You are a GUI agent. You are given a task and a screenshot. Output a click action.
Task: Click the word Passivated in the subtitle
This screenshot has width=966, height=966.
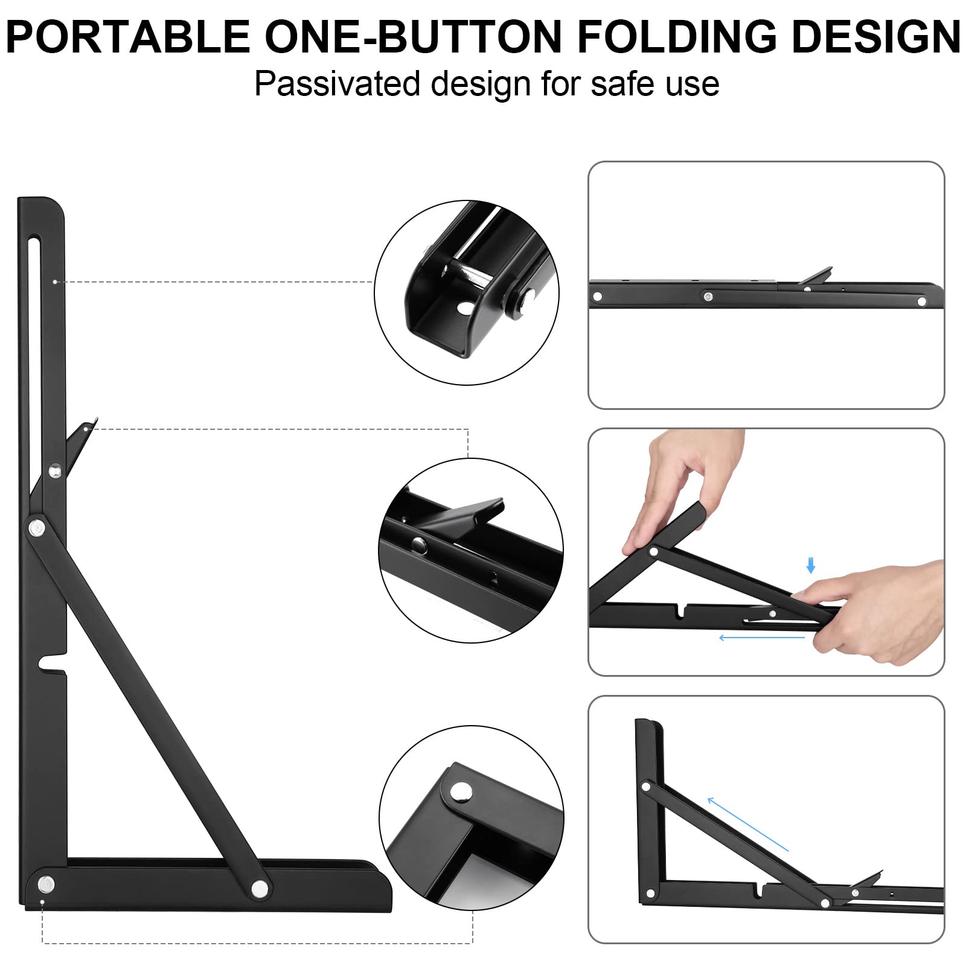click(337, 83)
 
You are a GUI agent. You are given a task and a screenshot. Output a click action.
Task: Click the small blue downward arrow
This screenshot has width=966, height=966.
click(811, 565)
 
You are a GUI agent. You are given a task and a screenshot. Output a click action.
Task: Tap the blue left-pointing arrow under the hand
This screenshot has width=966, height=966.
click(762, 638)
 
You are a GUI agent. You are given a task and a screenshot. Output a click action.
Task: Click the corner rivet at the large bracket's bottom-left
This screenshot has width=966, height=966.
click(46, 884)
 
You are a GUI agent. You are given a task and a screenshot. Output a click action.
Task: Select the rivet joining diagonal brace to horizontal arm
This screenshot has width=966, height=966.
click(260, 888)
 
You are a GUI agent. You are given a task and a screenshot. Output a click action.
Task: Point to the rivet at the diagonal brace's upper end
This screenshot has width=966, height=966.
click(37, 528)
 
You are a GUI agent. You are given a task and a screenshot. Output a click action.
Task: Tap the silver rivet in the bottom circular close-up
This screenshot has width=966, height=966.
click(462, 790)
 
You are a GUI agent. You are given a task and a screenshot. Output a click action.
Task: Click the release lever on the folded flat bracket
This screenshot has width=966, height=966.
click(816, 275)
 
